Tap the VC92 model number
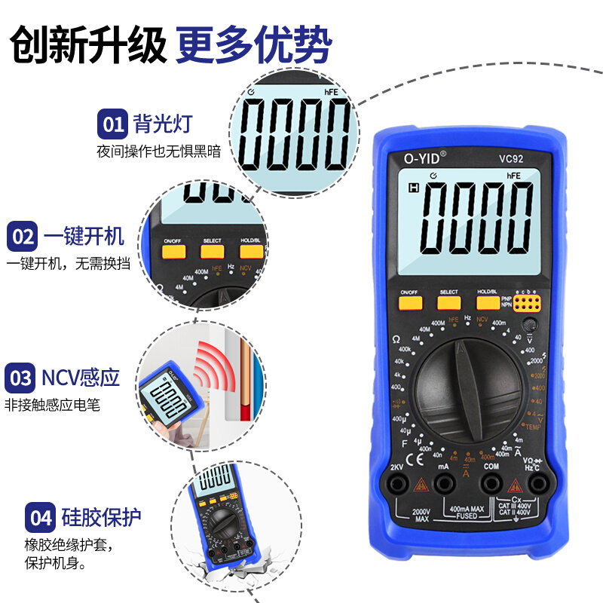510,158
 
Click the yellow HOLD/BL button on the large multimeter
487,303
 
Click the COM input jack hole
491,485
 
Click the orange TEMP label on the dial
534,427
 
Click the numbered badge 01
113,123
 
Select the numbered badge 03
21,378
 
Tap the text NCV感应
81,378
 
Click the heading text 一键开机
84,237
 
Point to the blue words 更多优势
254,46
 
